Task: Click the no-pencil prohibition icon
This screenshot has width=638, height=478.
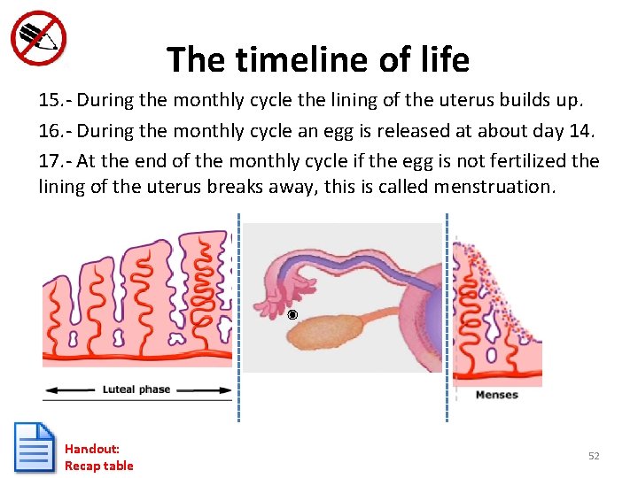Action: coord(38,38)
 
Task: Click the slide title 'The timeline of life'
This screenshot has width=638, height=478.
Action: coord(318,60)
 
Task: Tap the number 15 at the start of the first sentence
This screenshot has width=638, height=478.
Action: coord(50,101)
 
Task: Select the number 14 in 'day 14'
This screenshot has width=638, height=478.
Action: coord(579,131)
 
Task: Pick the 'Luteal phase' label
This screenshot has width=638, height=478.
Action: coord(136,389)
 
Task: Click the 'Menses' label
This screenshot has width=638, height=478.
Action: coord(496,395)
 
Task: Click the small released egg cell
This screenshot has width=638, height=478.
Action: coord(292,315)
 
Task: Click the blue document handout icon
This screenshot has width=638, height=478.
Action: coord(35,448)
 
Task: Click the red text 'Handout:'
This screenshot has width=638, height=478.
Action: coord(91,449)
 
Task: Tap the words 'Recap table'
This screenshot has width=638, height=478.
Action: coord(98,466)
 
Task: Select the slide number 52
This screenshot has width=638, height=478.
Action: coord(594,456)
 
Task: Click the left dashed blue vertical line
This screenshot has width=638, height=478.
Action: coord(237,319)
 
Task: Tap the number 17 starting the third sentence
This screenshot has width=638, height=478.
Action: coord(50,161)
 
